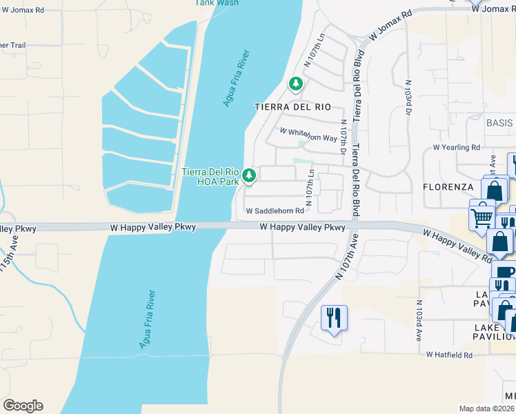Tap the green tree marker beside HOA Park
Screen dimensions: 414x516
coord(249,176)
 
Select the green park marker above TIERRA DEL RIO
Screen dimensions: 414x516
coord(296,84)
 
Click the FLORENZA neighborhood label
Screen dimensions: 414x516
coord(448,187)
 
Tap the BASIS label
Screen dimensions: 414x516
coord(499,123)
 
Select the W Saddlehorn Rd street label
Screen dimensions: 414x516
coord(275,210)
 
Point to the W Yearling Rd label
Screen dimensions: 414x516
coord(456,148)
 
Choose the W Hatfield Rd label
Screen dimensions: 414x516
coord(449,355)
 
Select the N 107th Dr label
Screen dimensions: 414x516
coord(343,135)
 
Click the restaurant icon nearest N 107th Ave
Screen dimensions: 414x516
coord(334,319)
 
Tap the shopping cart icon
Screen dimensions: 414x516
coord(482,215)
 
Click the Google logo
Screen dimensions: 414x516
coord(23,406)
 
